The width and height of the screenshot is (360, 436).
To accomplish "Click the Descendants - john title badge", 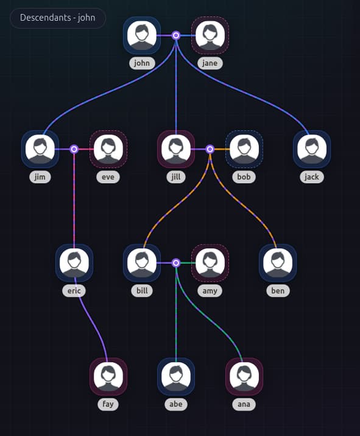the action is tap(58, 18).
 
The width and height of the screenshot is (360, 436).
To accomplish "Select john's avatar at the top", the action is tap(142, 35).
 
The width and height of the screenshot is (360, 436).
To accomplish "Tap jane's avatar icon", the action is tap(210, 35).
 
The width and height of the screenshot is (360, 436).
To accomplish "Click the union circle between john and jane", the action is tap(176, 35).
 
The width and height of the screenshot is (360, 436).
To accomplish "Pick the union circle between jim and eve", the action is tap(74, 149).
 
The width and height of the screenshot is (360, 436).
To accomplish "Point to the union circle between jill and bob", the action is tap(210, 149).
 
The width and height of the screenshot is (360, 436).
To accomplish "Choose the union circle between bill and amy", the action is tap(176, 263).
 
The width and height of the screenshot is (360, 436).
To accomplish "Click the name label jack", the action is tap(312, 177).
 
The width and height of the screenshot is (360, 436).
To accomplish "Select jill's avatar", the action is tap(176, 149).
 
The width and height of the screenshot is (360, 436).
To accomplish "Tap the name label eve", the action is tap(108, 177).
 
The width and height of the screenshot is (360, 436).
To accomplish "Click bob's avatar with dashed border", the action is tap(244, 149).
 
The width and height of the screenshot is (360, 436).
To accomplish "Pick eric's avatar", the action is tap(74, 263).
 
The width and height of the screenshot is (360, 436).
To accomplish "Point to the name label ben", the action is tap(278, 291).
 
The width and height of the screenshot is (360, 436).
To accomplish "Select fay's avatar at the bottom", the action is tap(108, 376).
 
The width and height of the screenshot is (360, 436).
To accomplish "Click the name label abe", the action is tap(176, 404).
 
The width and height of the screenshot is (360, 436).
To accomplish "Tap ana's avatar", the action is tap(244, 376).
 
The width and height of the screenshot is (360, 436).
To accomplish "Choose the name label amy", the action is tap(210, 291).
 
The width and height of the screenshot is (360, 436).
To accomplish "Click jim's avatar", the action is tap(40, 149).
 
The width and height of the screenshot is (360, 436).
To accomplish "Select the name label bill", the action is tap(142, 291).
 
